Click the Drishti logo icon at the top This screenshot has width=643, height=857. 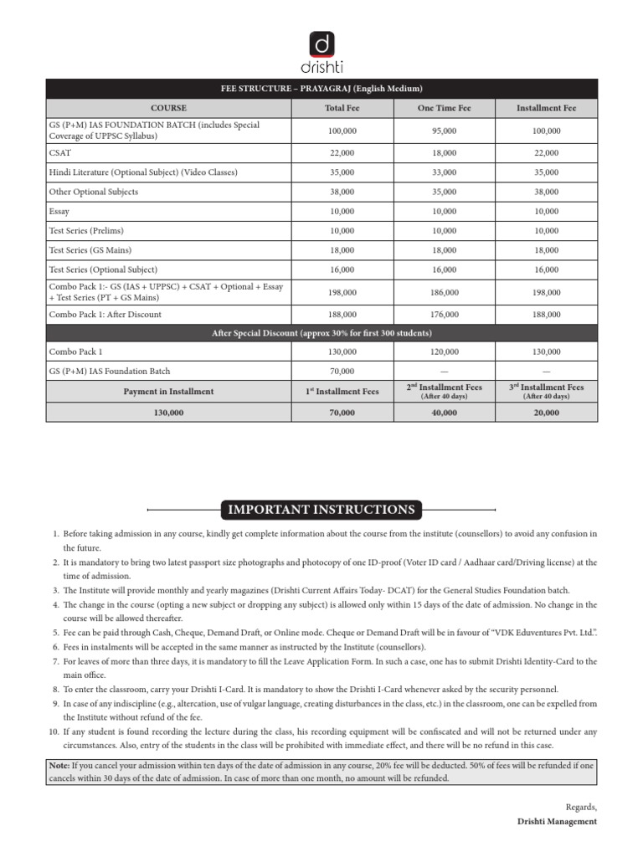click(x=321, y=44)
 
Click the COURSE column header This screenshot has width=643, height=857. click(x=168, y=108)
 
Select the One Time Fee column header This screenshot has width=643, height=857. click(x=444, y=108)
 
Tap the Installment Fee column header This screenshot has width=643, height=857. click(x=546, y=108)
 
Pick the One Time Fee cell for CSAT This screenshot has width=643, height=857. click(x=444, y=152)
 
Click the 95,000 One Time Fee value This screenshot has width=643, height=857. click(x=444, y=131)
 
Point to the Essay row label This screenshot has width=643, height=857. click(x=59, y=212)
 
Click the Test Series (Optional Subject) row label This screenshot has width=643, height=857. click(x=103, y=269)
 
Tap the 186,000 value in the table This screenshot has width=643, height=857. click(x=444, y=292)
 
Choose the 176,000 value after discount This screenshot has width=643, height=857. click(x=444, y=315)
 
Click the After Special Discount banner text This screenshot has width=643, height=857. click(x=321, y=333)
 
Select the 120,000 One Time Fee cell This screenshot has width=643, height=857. click(x=444, y=352)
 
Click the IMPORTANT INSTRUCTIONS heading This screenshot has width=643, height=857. click(x=321, y=510)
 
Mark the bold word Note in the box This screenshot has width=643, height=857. click(x=59, y=765)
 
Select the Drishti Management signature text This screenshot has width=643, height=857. click(x=557, y=822)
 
